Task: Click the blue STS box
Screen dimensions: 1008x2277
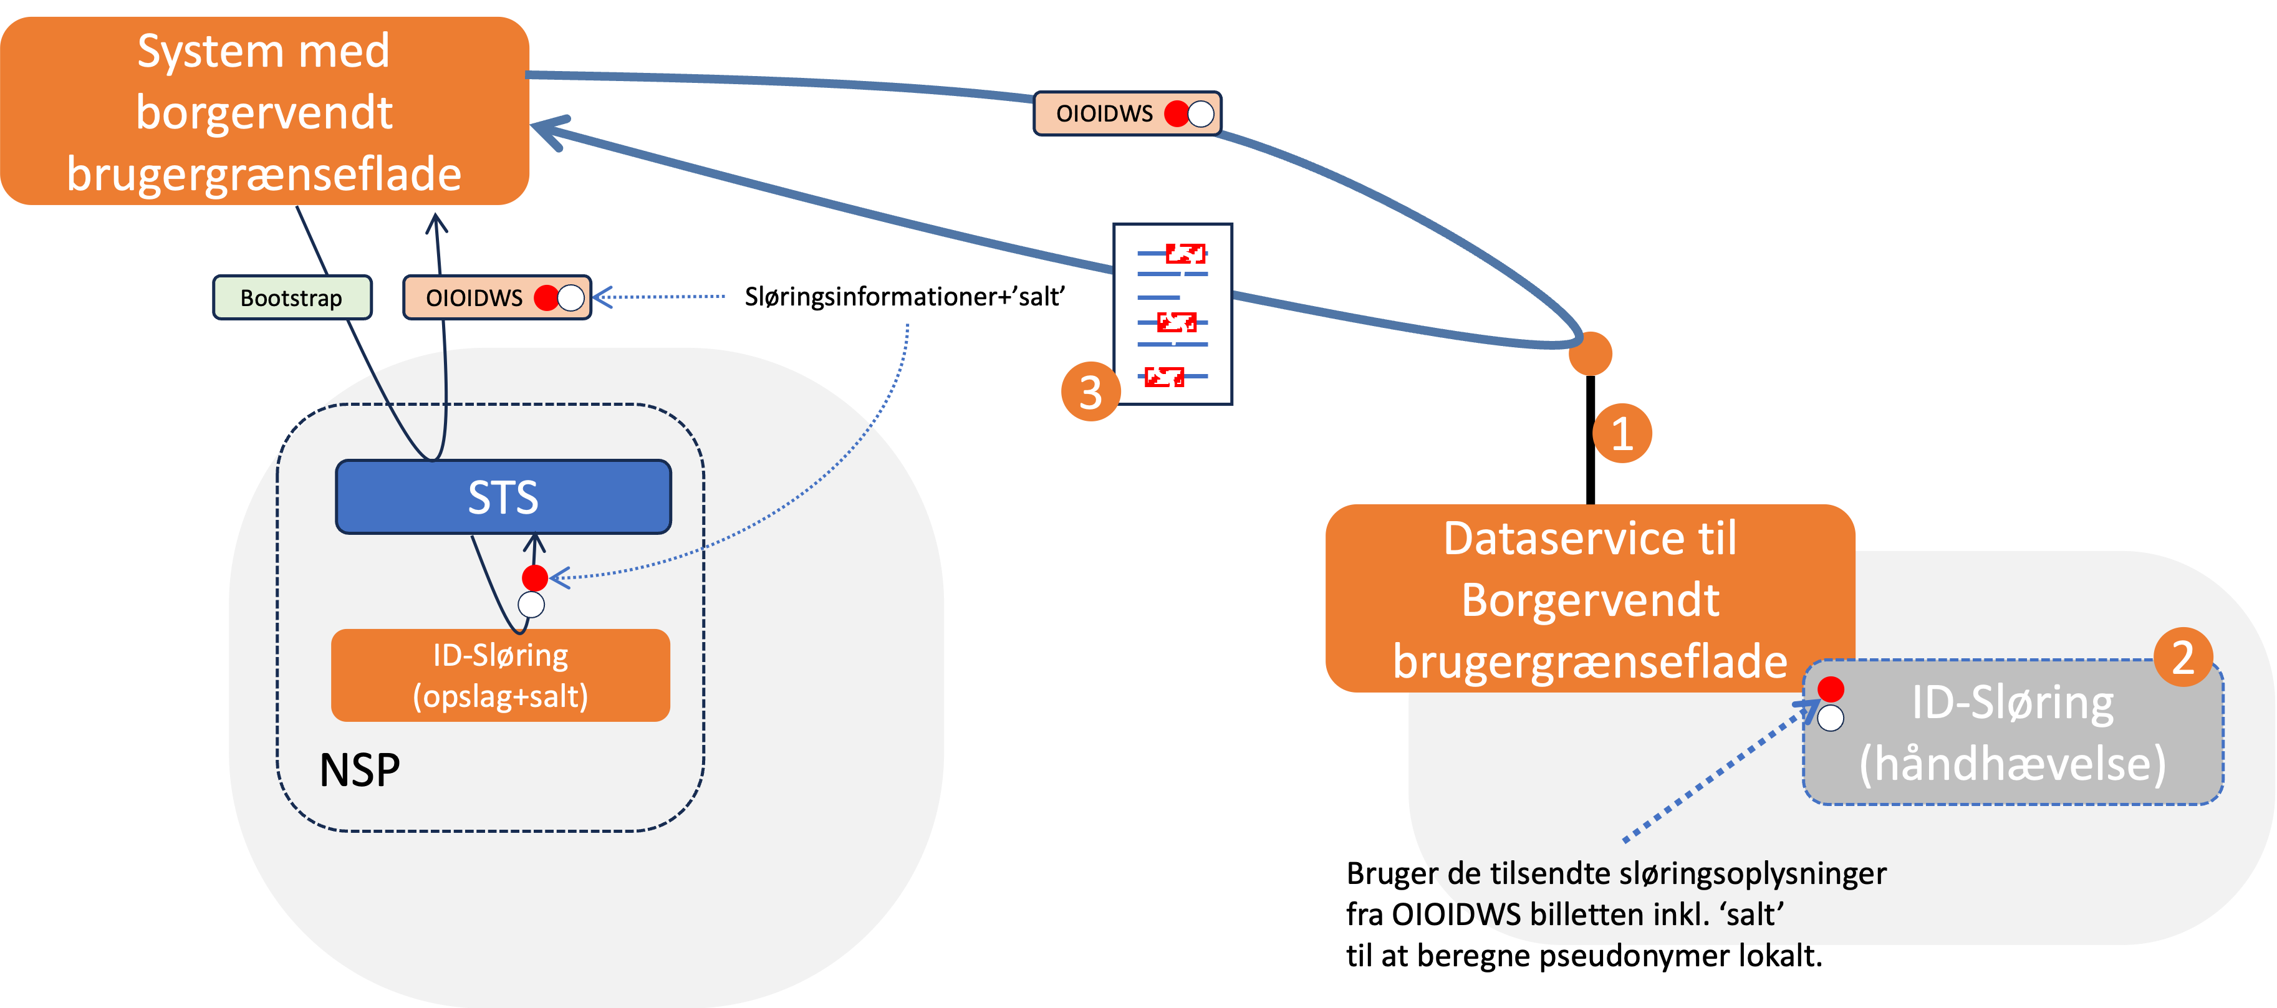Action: tap(503, 496)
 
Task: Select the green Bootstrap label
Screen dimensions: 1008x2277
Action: tap(292, 298)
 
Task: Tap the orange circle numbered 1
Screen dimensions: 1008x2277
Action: tap(1622, 433)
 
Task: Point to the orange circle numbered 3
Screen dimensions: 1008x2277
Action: tap(1090, 391)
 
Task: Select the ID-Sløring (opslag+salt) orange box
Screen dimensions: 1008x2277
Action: tap(500, 675)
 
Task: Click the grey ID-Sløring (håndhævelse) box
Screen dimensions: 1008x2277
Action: tap(2013, 733)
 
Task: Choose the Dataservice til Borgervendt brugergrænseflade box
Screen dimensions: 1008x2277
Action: tap(1589, 598)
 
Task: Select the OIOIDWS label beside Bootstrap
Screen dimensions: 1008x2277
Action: tap(474, 298)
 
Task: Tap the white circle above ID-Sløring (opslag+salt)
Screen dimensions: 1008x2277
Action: tap(531, 605)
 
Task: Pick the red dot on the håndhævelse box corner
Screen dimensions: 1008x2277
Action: tap(1831, 689)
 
